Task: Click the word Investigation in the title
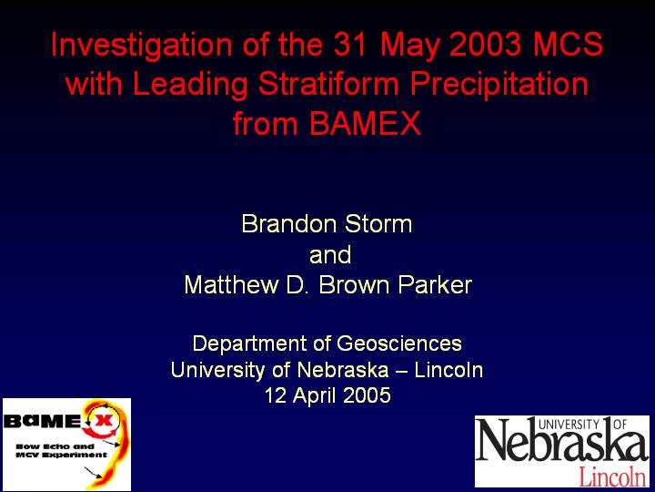click(142, 46)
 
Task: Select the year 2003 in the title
click(486, 44)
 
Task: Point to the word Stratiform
click(328, 83)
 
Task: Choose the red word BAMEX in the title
click(365, 123)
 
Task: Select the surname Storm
click(378, 224)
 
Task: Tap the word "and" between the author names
click(330, 254)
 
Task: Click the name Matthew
click(231, 285)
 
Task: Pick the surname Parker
click(435, 285)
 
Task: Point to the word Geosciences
click(399, 343)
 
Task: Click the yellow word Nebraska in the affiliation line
click(343, 370)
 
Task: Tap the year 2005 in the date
click(367, 395)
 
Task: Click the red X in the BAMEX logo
click(103, 420)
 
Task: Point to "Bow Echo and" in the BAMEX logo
click(55, 446)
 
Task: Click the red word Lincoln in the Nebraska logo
click(612, 476)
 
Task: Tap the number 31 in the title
click(352, 44)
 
